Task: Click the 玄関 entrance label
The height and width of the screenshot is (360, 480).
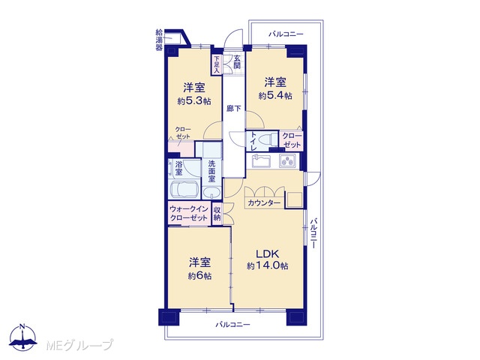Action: [237, 62]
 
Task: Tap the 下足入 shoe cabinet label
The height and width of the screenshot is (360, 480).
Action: [217, 64]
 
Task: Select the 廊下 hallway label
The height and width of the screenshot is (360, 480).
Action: [233, 108]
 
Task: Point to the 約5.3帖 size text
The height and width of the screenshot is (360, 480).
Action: [194, 101]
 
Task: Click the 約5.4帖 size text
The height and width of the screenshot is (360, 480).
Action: [275, 96]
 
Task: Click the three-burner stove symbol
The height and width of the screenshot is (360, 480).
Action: [287, 160]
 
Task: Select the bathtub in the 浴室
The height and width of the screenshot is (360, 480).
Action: [183, 190]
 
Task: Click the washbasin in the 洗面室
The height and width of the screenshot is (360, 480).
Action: [211, 193]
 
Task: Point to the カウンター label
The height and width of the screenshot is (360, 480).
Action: [264, 203]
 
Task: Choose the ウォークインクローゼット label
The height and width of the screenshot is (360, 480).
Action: [189, 214]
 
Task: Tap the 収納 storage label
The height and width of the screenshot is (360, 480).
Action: [217, 214]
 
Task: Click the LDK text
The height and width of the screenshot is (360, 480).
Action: [267, 254]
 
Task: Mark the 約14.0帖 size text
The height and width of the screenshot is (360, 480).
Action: [268, 266]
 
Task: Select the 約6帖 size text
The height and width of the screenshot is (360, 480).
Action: [199, 276]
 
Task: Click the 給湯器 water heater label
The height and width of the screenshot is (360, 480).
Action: [159, 40]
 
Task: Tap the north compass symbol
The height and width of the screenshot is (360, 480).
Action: [22, 337]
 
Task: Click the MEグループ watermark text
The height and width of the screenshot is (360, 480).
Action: [80, 345]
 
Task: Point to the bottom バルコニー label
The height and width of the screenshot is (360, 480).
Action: [232, 325]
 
